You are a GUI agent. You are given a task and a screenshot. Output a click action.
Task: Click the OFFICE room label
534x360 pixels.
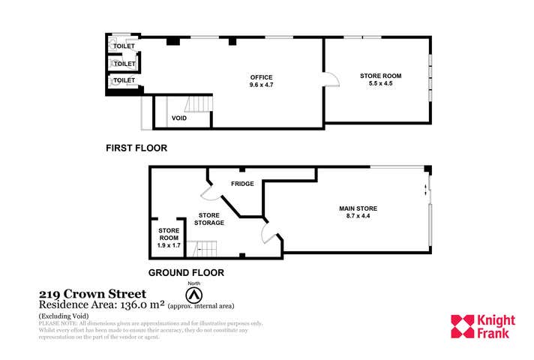261,77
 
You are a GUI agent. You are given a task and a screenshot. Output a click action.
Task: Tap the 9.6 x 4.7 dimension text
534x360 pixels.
261,85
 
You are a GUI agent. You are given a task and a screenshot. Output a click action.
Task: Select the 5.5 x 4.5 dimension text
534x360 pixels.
376,83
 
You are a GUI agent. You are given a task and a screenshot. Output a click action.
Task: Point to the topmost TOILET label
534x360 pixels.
124,47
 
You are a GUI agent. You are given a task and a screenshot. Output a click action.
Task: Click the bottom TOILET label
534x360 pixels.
124,79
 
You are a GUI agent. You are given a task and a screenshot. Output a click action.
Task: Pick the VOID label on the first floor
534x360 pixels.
179,118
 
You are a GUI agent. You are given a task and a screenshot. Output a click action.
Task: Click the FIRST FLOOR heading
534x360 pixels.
136,148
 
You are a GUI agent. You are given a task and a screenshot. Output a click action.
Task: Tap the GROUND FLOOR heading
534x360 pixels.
186,272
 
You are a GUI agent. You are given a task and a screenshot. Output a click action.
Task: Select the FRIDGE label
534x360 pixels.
242,184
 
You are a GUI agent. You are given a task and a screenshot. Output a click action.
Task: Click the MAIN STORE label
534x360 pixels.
356,208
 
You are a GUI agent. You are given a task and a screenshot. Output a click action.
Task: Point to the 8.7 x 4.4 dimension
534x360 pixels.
356,217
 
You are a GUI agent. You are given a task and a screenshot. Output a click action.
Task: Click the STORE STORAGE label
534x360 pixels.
209,218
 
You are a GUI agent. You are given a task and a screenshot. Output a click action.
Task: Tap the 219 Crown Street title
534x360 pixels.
92,294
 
